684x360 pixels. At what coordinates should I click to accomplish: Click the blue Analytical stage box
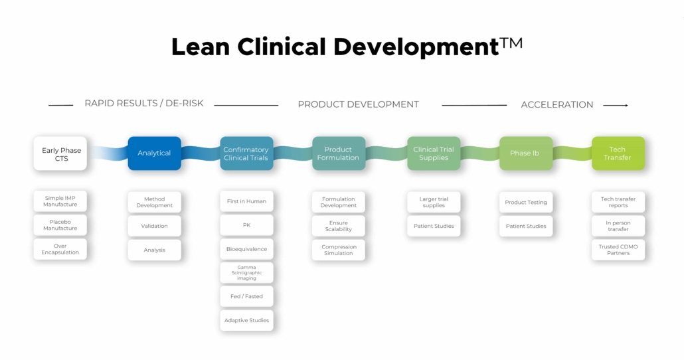(154, 153)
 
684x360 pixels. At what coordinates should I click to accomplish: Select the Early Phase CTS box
(60, 153)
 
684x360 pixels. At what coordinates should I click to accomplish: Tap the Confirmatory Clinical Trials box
(246, 153)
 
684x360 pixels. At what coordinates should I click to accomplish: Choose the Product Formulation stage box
(339, 153)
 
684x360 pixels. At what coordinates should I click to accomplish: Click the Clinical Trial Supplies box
(433, 153)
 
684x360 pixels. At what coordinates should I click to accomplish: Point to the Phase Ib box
(525, 153)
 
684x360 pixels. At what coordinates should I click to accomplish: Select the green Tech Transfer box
(618, 153)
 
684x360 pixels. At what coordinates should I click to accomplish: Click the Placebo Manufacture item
(60, 225)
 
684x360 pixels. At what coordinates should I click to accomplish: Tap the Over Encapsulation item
(60, 249)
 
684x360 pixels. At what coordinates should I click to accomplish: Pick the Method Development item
(154, 202)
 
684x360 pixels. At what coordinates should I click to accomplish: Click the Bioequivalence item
(246, 249)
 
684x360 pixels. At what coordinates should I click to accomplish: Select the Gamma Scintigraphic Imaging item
(246, 273)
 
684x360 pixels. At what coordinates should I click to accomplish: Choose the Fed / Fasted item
(246, 296)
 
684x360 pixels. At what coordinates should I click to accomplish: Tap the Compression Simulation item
(339, 250)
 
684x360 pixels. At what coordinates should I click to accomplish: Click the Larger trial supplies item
(434, 202)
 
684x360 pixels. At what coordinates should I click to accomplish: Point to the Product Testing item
(526, 202)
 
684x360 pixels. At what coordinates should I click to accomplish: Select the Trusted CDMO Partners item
(618, 250)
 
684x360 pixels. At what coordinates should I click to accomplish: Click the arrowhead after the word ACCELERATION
(624, 105)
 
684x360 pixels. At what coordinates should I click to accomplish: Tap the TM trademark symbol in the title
(511, 43)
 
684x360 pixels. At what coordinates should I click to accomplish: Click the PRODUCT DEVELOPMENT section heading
(358, 104)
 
